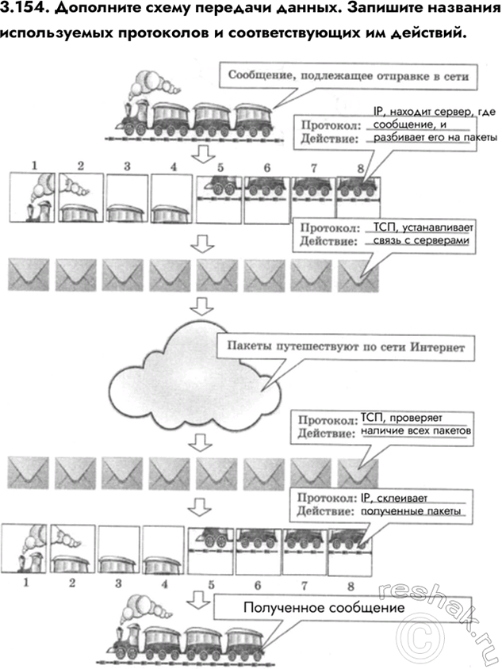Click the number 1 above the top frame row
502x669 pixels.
coord(35,166)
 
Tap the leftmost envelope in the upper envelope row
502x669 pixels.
coord(29,274)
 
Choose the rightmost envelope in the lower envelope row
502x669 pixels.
coord(359,472)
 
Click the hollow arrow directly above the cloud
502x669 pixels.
coord(205,306)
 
